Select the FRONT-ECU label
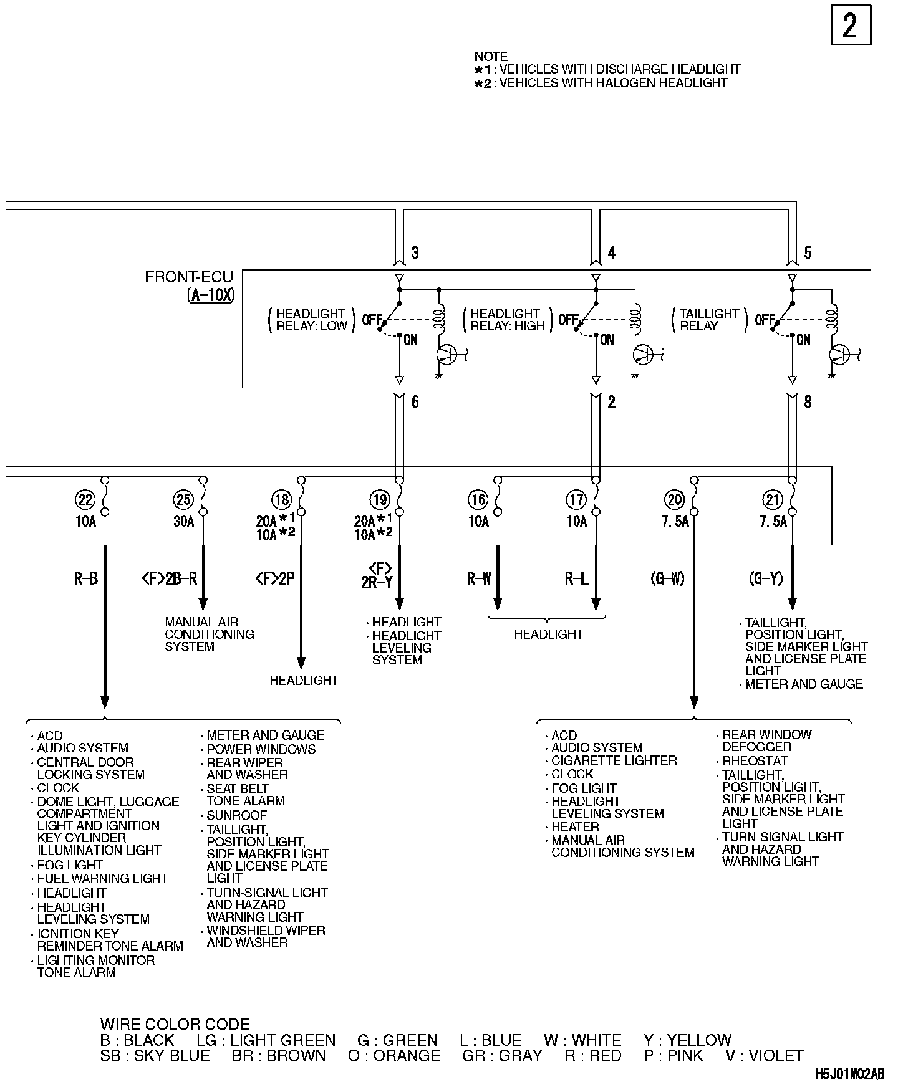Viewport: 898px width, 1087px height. click(188, 277)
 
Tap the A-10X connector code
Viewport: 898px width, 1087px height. click(211, 295)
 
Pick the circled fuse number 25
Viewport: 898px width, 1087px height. click(183, 499)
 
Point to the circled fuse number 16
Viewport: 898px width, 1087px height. click(478, 499)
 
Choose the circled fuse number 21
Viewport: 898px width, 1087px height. click(773, 499)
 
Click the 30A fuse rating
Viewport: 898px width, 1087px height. click(183, 521)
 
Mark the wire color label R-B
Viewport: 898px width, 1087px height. click(85, 579)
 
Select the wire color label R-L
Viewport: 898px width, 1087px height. click(576, 579)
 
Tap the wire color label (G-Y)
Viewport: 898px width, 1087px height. click(765, 579)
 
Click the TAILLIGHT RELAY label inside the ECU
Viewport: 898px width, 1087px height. click(709, 320)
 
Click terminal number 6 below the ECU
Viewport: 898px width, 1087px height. click(415, 403)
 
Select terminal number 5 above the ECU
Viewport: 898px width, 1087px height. click(808, 252)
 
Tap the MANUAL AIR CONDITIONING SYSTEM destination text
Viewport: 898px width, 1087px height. click(209, 634)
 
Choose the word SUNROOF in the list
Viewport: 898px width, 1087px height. click(236, 815)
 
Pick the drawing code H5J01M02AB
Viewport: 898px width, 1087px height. click(849, 1074)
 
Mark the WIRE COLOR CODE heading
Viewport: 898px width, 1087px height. click(175, 1025)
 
